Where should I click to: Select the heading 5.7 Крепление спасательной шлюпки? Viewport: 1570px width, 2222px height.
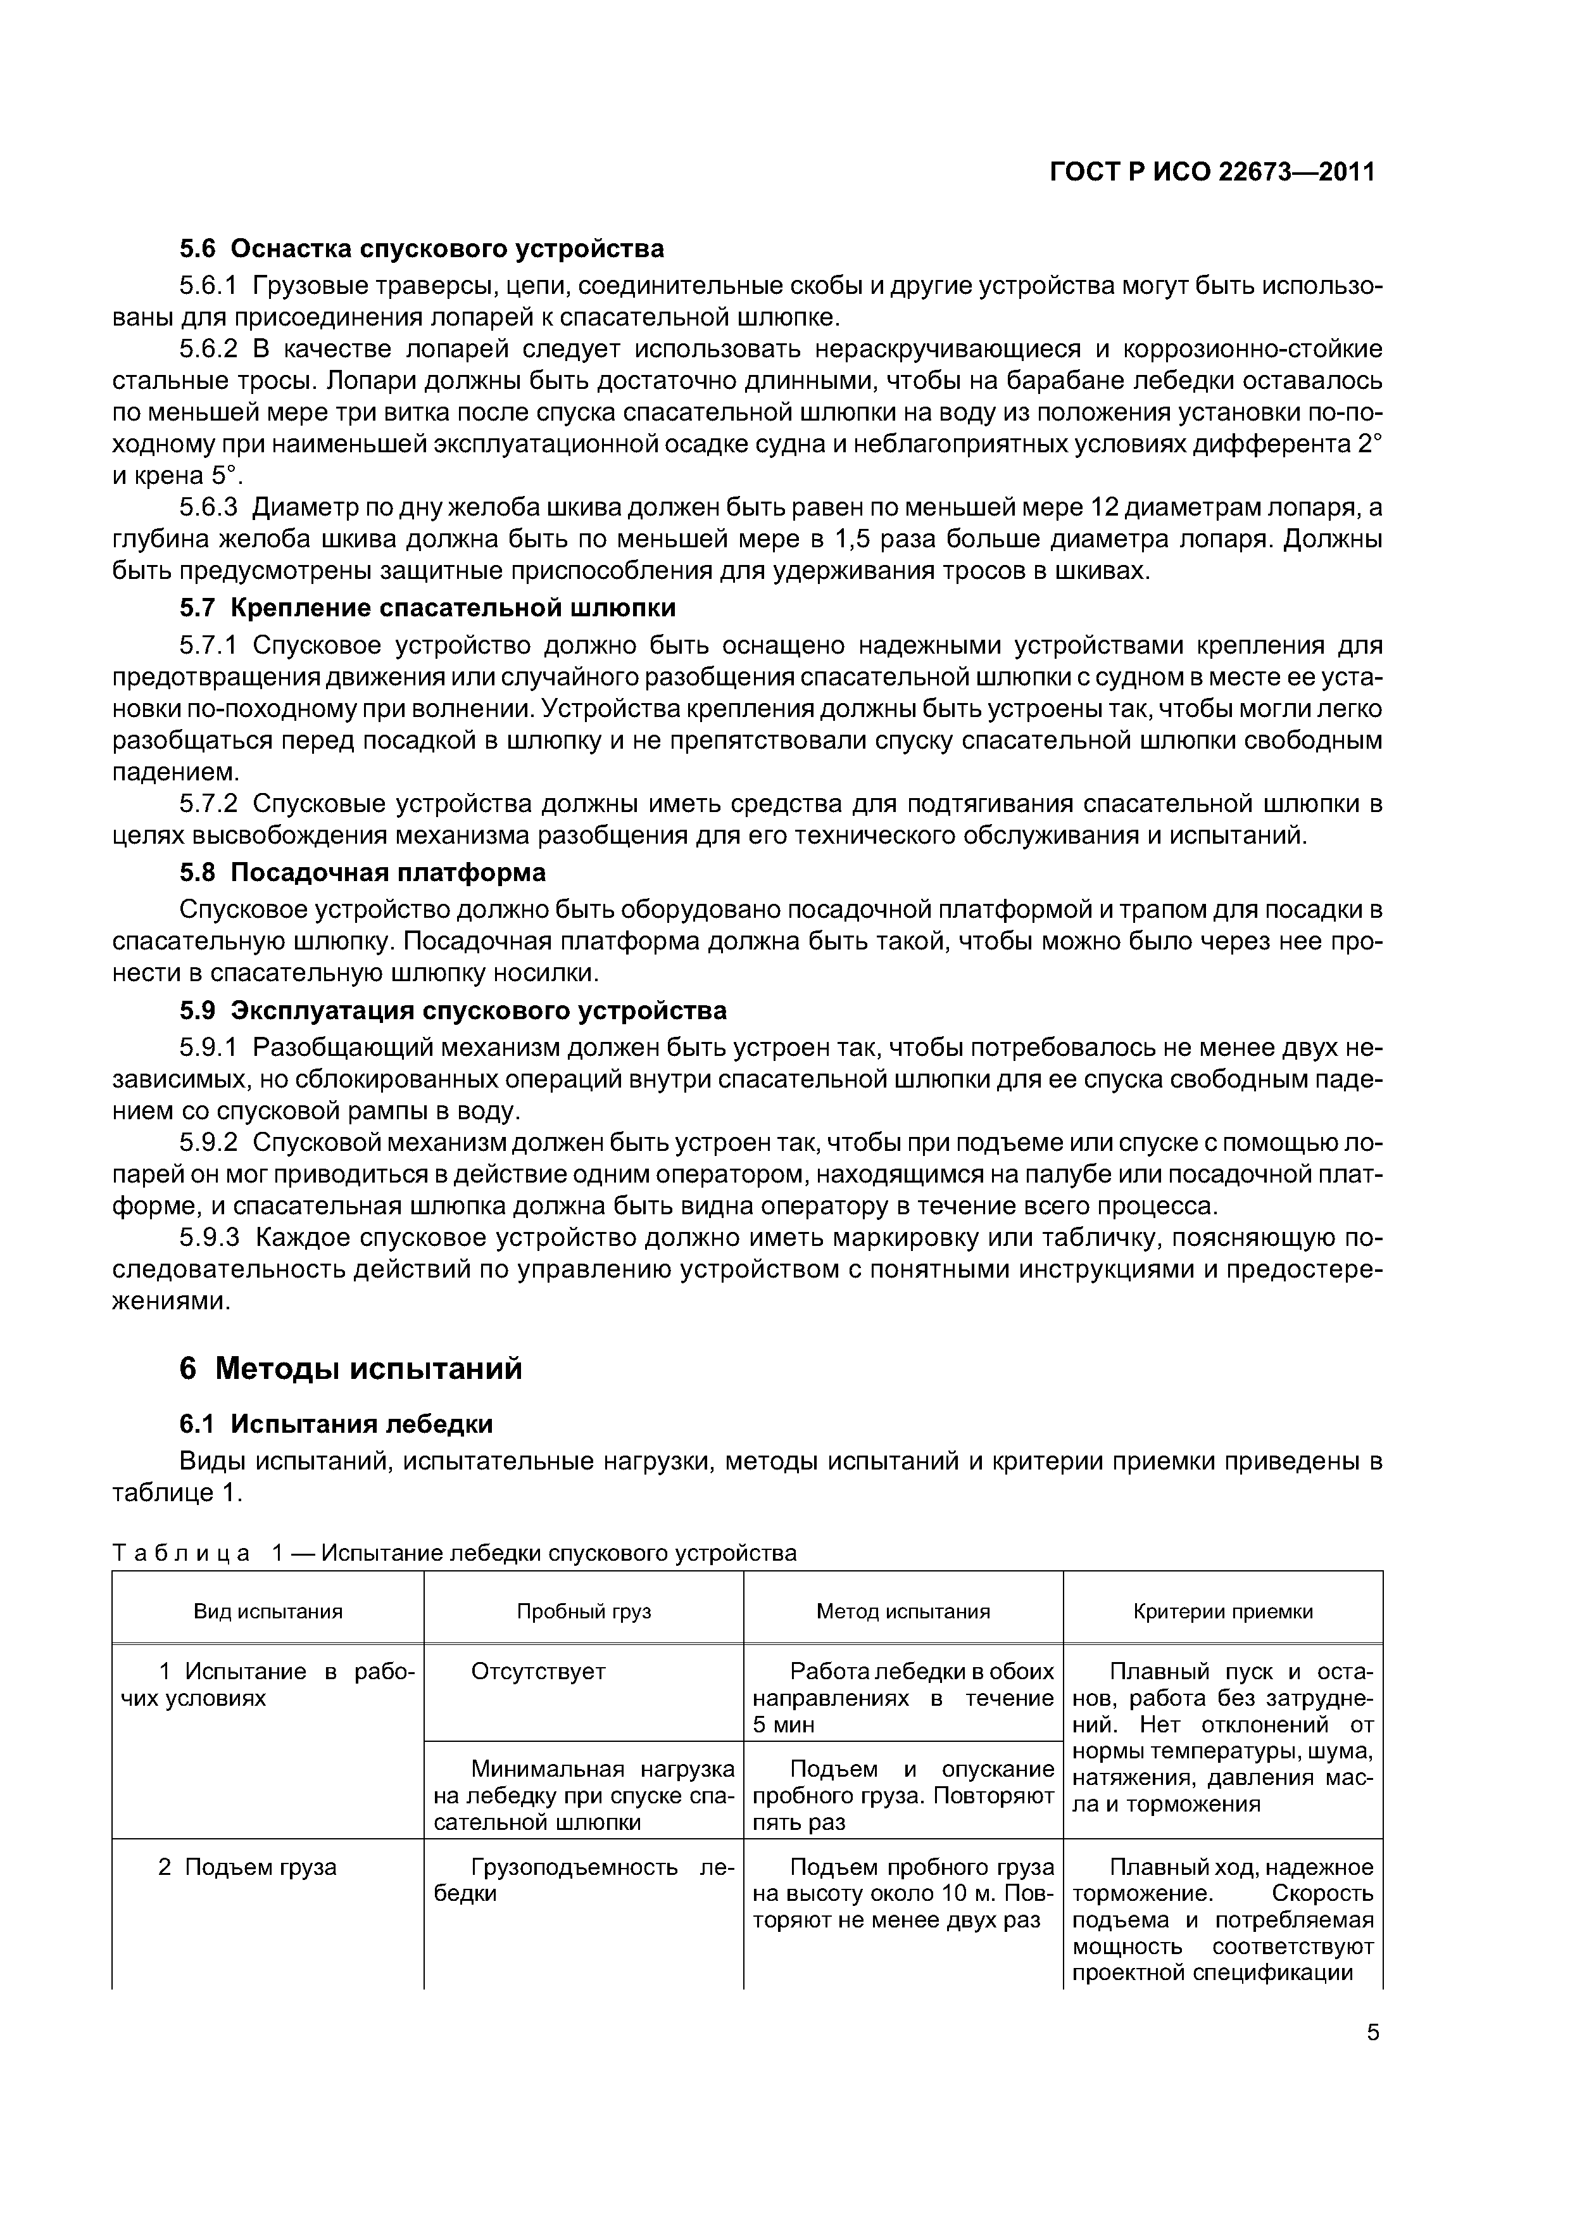click(x=427, y=608)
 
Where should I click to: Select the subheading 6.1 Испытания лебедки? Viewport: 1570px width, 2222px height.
click(x=336, y=1424)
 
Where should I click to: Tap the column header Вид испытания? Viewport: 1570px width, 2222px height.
click(x=268, y=1611)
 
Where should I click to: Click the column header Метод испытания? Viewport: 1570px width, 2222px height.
click(x=903, y=1611)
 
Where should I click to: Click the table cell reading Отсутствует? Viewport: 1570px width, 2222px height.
click(x=538, y=1672)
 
